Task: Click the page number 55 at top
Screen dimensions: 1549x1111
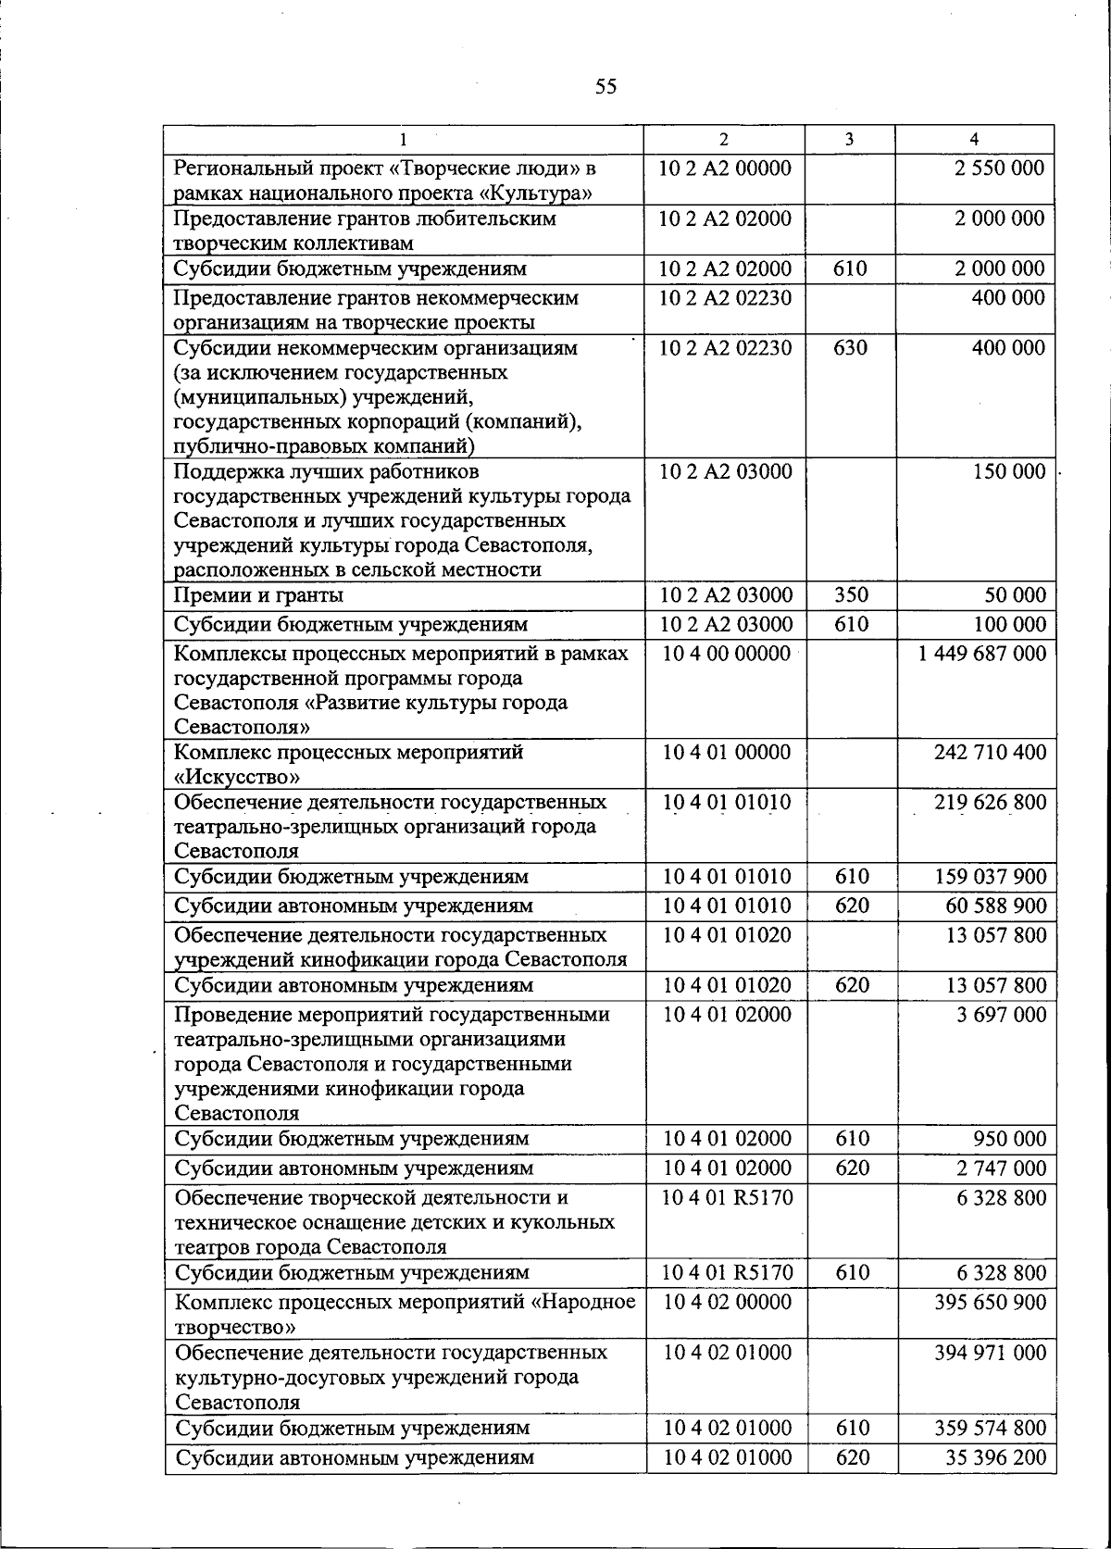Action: pyautogui.click(x=605, y=87)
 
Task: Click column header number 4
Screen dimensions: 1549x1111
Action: pyautogui.click(x=974, y=140)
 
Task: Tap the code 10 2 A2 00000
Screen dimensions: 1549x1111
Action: pyautogui.click(x=725, y=169)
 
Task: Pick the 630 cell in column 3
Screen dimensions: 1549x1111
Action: pyautogui.click(x=851, y=348)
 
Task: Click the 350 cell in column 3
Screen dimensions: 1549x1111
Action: pyautogui.click(x=851, y=595)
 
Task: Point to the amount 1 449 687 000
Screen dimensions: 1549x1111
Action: pyautogui.click(x=982, y=654)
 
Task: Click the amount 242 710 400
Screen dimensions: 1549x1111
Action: pyautogui.click(x=990, y=752)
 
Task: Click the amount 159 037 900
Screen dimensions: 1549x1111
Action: pyautogui.click(x=990, y=877)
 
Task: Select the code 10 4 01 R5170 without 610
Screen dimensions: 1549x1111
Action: pyautogui.click(x=727, y=1198)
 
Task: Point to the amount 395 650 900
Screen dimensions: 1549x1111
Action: pyautogui.click(x=990, y=1303)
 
